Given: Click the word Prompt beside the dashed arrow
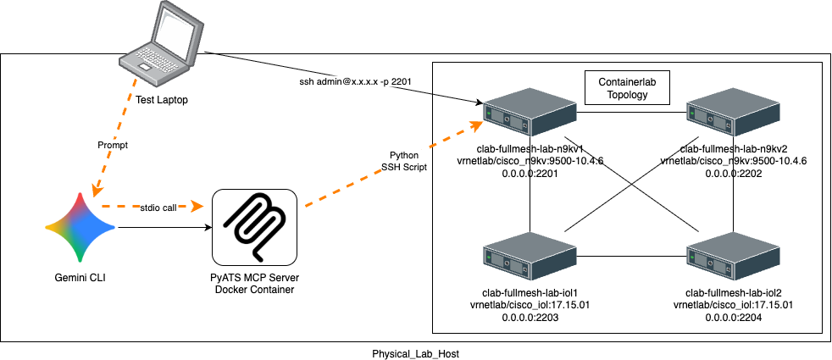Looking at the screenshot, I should point(113,145).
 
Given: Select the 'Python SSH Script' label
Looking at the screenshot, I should point(404,163).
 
